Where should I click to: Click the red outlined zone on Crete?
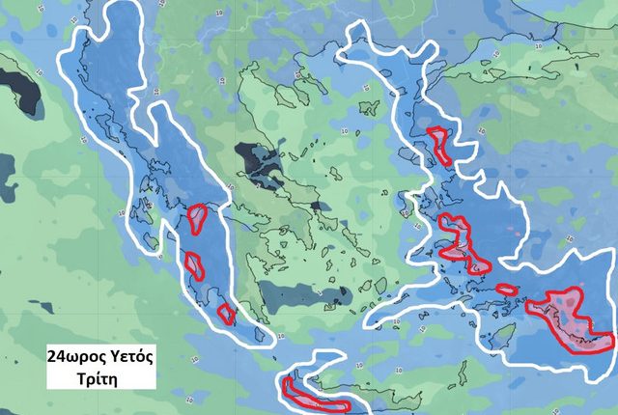(313, 395)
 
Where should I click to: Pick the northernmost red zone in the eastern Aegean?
(441, 144)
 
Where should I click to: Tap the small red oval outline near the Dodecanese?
(507, 289)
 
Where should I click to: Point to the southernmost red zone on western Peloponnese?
(226, 313)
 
